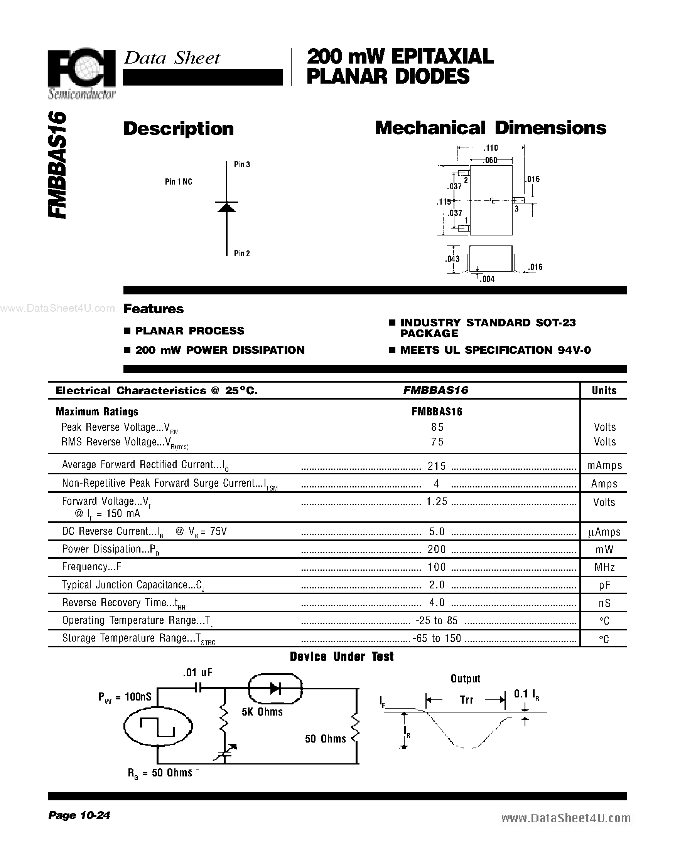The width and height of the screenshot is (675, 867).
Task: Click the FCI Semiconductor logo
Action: (82, 74)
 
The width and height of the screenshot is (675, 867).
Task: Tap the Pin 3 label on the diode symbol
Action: (241, 165)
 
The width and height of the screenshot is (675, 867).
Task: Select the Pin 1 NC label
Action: (178, 182)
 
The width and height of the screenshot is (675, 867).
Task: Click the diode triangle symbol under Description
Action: (226, 207)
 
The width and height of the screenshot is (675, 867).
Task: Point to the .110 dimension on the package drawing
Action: (490, 148)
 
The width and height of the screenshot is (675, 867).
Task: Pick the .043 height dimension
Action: (452, 259)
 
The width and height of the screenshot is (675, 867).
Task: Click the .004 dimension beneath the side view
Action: (487, 279)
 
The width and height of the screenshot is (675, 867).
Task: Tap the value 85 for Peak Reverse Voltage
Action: (437, 427)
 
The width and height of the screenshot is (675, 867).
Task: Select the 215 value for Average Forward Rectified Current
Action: (437, 465)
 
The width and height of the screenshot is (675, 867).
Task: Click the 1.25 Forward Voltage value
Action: (437, 502)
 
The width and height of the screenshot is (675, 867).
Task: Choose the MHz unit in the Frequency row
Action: (604, 567)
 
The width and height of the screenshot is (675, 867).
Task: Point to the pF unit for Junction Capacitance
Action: (604, 585)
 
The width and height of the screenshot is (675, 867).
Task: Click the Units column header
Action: (604, 391)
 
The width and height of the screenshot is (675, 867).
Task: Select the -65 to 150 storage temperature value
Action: (437, 638)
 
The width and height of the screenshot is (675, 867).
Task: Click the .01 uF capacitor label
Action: (197, 672)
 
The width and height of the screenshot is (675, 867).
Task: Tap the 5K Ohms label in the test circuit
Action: (262, 712)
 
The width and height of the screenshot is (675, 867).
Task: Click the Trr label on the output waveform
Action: (466, 699)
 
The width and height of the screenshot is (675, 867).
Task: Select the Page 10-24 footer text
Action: (79, 815)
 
